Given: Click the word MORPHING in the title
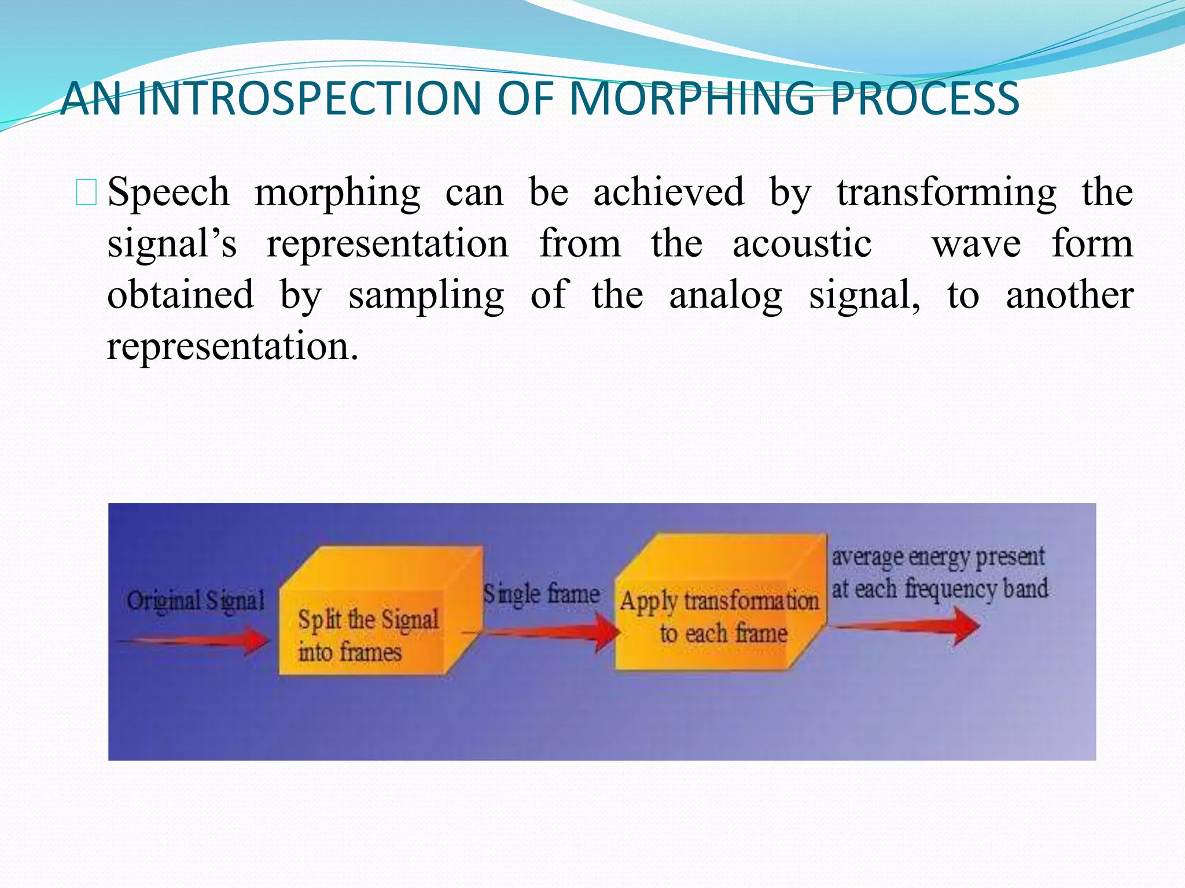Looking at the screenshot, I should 692,98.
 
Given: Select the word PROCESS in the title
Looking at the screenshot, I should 924,98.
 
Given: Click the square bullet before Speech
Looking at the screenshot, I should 86,193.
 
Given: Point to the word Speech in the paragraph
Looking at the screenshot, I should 168,192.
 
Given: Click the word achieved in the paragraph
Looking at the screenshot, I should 668,192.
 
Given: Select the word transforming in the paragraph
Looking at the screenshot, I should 946,193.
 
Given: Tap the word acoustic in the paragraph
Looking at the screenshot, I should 801,243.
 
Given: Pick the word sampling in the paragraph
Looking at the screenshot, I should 426,295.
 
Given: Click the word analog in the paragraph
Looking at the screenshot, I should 726,295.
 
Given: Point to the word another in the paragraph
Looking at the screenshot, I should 1069,295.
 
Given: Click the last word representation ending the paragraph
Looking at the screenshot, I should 233,346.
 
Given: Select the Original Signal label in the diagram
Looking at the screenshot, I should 196,601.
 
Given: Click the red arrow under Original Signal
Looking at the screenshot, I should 194,641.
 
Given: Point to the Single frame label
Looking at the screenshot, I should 541,594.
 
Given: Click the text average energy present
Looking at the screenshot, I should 938,557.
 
